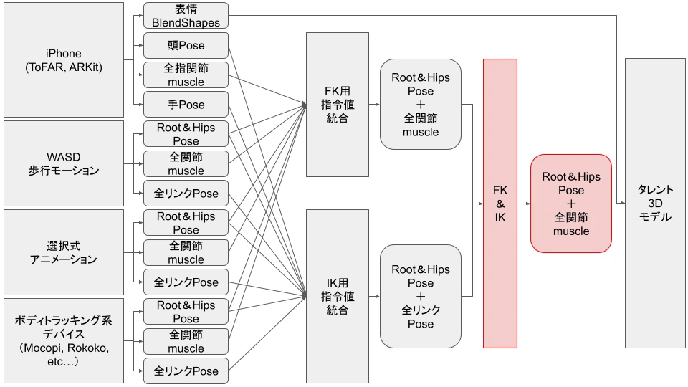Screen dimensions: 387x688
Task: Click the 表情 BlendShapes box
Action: tap(186, 16)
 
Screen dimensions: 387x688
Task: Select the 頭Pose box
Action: tap(186, 46)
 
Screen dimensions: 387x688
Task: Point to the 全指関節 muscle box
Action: tap(186, 75)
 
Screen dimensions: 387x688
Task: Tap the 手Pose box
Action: tap(186, 105)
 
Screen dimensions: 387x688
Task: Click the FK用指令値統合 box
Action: tap(338, 105)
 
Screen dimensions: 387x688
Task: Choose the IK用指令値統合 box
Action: tap(338, 297)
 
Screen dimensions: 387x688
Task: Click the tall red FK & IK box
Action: tap(500, 204)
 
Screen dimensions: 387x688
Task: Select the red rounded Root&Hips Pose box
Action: tap(571, 204)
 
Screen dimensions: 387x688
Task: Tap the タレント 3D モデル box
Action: tap(655, 204)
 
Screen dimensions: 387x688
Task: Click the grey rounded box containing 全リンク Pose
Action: tap(421, 297)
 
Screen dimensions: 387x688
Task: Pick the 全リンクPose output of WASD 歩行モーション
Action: tap(186, 193)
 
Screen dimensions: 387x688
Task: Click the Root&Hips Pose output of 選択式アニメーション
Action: tap(186, 223)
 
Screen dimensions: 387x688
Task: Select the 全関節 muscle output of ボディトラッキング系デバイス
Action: tap(186, 341)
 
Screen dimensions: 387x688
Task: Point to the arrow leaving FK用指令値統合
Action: tap(374, 105)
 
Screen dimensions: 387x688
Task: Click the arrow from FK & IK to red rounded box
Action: tap(524, 204)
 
